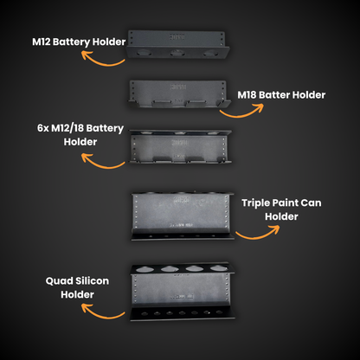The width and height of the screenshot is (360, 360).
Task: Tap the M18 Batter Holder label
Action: (281, 95)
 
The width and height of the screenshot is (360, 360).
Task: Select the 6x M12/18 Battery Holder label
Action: (80, 133)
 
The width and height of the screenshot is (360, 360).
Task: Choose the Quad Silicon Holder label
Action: (71, 288)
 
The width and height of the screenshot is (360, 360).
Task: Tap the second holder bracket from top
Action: (179, 94)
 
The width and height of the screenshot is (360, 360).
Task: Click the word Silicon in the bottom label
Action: (84, 281)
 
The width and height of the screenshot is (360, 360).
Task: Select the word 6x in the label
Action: (44, 126)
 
